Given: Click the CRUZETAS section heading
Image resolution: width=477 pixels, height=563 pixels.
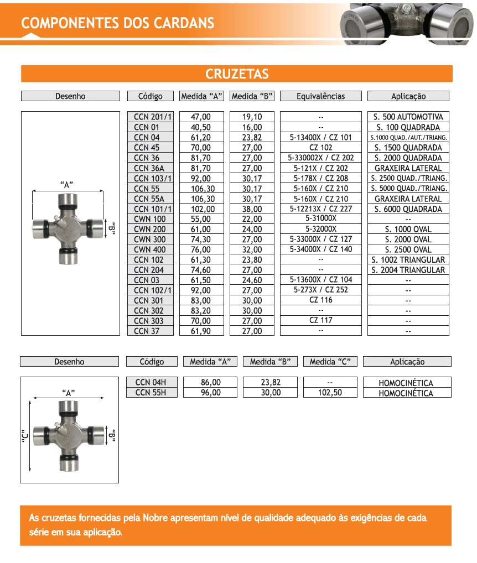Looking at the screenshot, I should click(237, 74).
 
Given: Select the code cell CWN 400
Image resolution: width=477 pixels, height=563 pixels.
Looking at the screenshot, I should click(149, 249).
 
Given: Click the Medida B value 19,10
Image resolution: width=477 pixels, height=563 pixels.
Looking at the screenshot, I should click(252, 117).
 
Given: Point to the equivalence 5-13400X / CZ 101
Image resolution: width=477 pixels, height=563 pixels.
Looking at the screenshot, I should click(320, 137).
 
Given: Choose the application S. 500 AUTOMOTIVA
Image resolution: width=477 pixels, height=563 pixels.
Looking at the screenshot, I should click(408, 117).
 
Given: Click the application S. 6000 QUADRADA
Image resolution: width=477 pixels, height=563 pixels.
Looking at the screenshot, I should click(408, 209).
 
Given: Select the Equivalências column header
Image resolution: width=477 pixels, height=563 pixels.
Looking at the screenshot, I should click(320, 96).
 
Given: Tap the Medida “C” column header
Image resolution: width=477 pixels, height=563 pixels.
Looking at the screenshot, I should click(330, 362).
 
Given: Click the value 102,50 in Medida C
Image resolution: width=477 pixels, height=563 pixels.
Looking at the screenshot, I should click(330, 393).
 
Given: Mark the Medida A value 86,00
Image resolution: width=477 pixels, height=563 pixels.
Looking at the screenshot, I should click(210, 382).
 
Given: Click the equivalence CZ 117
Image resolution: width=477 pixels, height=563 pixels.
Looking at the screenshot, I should click(320, 320).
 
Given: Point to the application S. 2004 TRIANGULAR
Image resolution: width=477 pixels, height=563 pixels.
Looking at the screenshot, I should click(408, 270).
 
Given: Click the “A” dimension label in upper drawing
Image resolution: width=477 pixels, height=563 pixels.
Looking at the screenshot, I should click(67, 185).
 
